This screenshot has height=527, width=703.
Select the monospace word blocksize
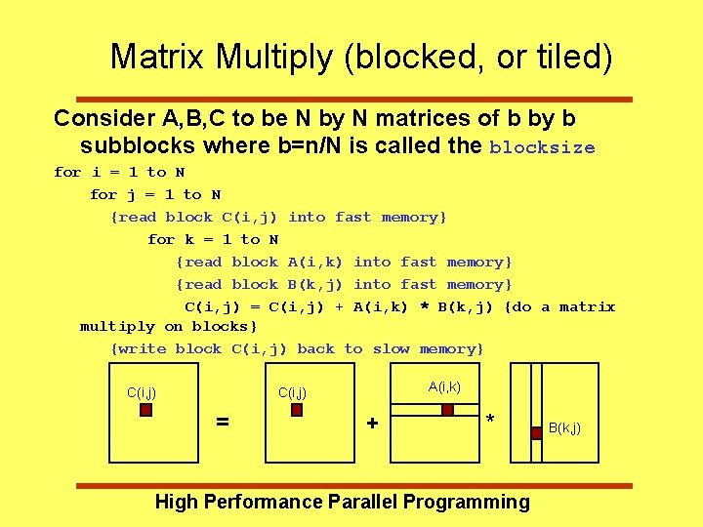(x=542, y=148)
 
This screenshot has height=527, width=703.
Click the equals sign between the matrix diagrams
(x=223, y=422)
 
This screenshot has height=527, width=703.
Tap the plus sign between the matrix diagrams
(x=372, y=423)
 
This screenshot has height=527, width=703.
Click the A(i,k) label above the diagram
(x=444, y=387)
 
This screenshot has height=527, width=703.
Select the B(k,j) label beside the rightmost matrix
(x=564, y=427)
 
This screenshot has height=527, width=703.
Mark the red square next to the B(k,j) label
(x=536, y=432)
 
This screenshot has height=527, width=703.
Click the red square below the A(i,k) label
(x=447, y=411)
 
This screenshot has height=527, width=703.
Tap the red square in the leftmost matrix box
(x=145, y=411)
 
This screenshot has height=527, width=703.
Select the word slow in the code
(x=391, y=348)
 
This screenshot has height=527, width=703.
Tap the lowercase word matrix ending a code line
(x=587, y=306)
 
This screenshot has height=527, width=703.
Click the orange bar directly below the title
(x=343, y=99)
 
